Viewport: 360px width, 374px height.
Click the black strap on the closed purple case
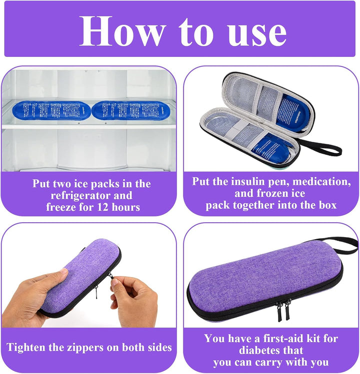coord(345,245)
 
